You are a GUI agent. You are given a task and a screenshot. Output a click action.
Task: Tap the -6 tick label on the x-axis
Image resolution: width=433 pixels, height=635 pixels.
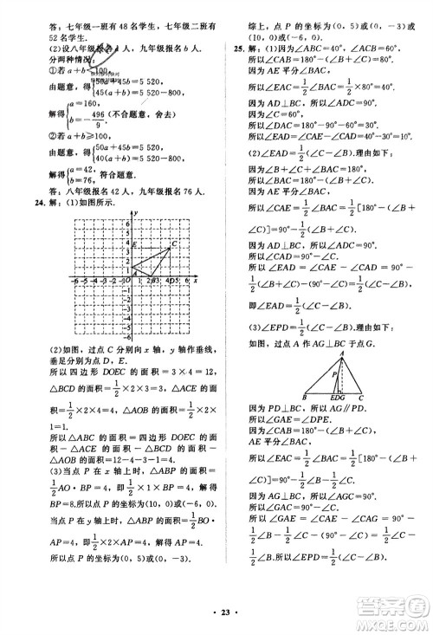pos(74,282)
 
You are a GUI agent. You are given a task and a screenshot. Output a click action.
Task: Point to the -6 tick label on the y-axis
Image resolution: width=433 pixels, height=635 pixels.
pos(126,334)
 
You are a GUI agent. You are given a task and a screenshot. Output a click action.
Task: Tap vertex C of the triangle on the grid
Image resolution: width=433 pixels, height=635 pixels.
pos(170,249)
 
